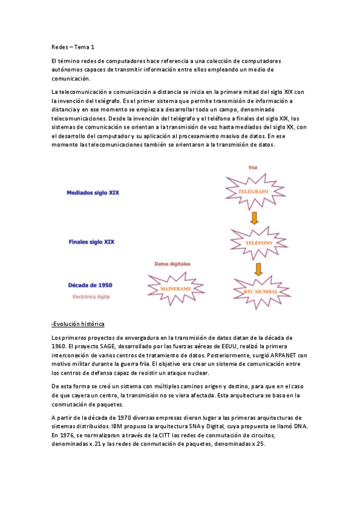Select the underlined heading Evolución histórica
[x=78, y=324]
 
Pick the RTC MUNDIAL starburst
[x=259, y=291]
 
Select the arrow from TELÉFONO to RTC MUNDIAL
[x=258, y=268]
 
